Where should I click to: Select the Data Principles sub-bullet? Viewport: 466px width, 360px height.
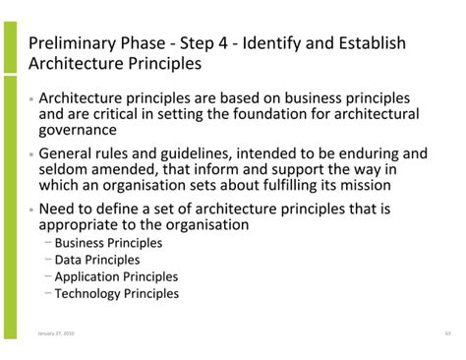pyautogui.click(x=96, y=260)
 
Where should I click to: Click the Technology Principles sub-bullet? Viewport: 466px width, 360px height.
pyautogui.click(x=116, y=293)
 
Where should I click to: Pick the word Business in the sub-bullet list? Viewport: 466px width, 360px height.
pyautogui.click(x=82, y=243)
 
